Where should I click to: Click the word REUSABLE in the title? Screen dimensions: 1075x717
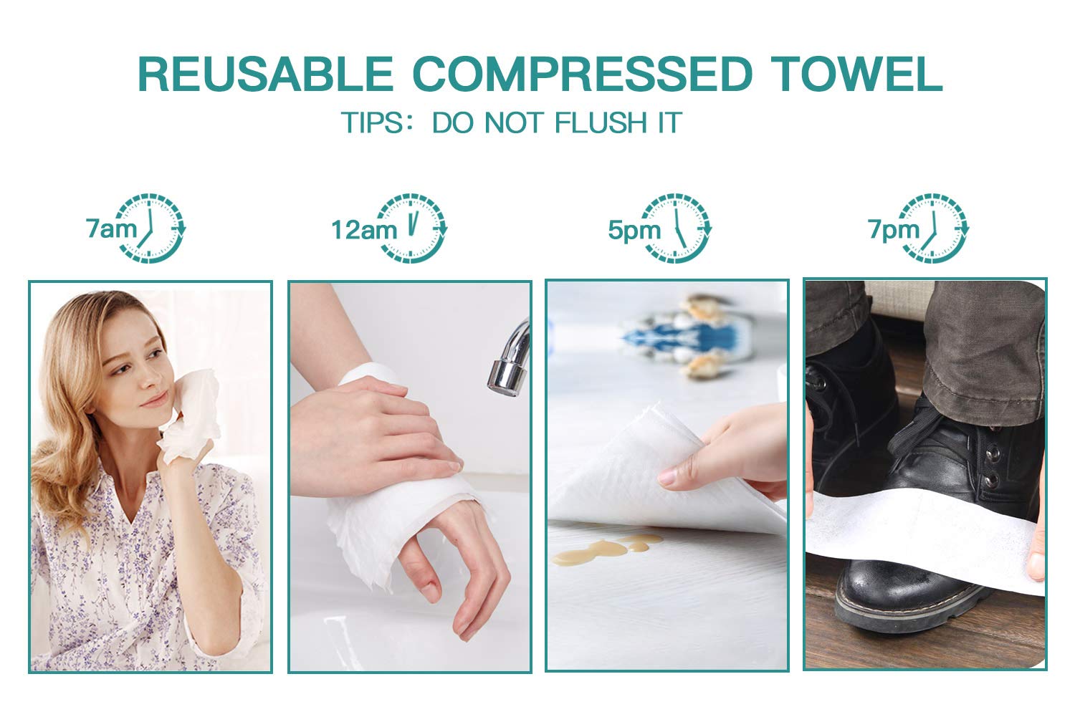[265, 74]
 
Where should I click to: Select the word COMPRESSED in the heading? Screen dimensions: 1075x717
[583, 74]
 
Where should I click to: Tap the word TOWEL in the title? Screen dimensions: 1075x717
[858, 74]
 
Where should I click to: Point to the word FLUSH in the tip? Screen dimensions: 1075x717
[601, 122]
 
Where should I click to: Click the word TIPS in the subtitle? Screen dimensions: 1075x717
[373, 122]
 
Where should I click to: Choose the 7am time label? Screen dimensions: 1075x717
[111, 228]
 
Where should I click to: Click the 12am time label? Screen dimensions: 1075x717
[364, 230]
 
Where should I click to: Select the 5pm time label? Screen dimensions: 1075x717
[634, 230]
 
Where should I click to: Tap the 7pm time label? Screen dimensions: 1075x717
[894, 229]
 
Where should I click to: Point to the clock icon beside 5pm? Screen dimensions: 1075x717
[677, 228]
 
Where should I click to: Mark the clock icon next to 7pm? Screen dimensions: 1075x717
[934, 228]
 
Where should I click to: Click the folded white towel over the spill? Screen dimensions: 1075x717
[667, 470]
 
